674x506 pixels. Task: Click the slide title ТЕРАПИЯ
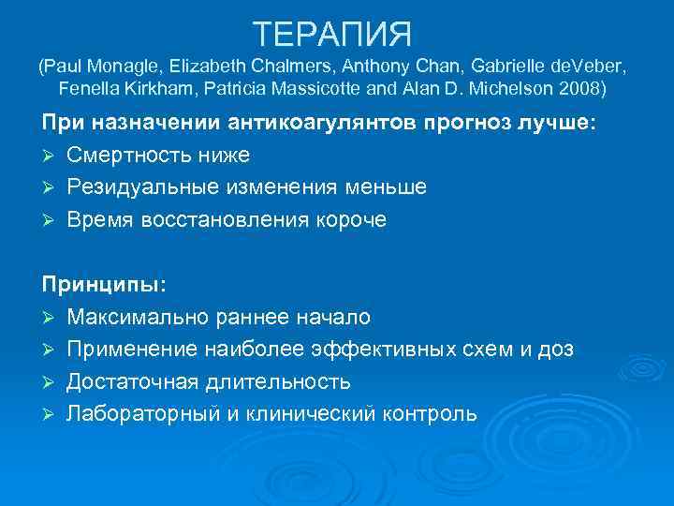pyautogui.click(x=333, y=35)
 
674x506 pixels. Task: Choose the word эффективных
pyautogui.click(x=403, y=350)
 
